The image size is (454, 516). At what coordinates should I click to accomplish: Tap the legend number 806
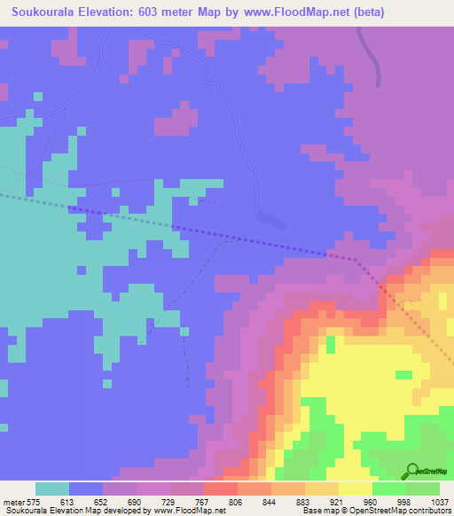[238, 503]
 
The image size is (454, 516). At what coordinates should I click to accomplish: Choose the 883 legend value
[305, 503]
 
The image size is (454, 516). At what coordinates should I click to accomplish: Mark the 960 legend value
[372, 503]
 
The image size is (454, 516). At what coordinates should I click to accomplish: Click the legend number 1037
[439, 503]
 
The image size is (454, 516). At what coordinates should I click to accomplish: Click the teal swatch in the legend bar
[52, 489]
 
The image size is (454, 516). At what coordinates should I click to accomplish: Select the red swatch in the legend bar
[221, 489]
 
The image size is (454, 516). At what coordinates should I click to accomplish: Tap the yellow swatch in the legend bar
[356, 489]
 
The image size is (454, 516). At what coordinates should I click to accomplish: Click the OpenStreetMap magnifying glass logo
[411, 471]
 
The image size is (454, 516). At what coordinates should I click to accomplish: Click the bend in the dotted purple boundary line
[357, 260]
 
